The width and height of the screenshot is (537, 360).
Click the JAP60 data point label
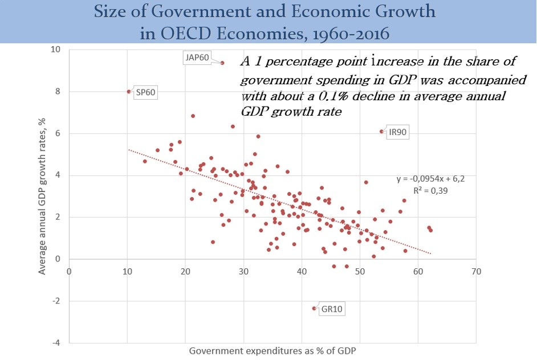[196, 58]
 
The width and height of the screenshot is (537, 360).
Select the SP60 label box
[145, 93]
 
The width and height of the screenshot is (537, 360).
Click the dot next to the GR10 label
[314, 308]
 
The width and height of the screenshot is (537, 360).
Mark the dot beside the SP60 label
[129, 91]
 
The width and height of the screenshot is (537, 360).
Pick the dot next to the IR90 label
[381, 131]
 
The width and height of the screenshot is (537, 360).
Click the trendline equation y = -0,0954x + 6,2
[431, 179]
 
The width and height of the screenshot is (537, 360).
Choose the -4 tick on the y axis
[57, 343]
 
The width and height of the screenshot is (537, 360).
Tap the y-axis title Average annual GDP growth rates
[42, 197]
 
